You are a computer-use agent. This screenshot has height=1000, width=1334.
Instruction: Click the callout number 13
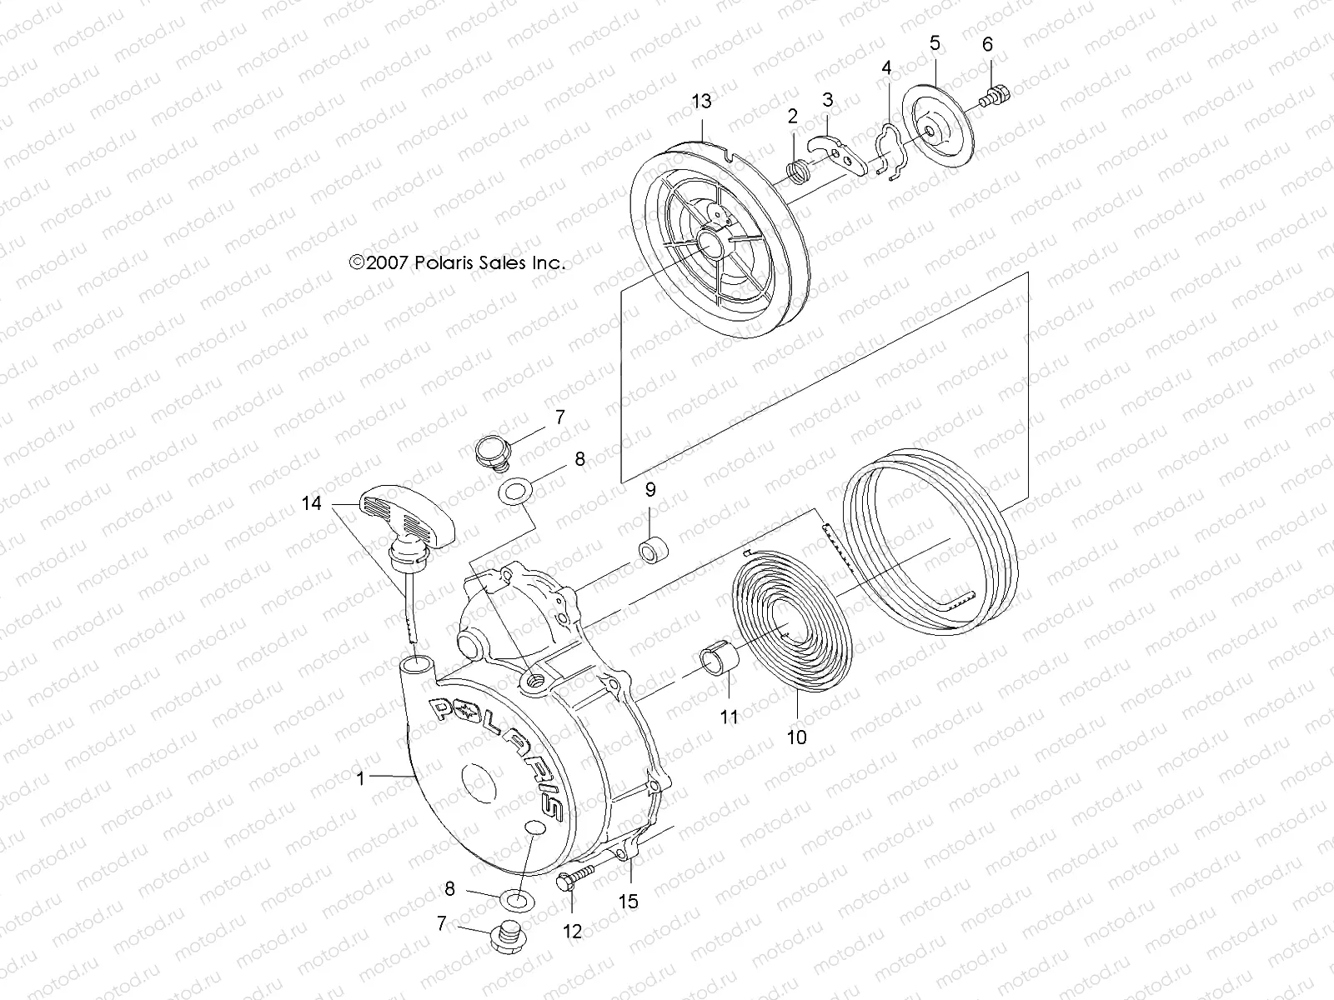[x=702, y=102]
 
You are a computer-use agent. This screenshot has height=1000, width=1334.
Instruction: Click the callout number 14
[x=311, y=503]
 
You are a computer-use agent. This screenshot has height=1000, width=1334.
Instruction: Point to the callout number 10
[x=796, y=736]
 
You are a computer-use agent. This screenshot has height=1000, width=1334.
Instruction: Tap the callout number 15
[x=629, y=901]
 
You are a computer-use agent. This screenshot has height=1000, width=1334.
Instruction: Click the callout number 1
[x=360, y=777]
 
